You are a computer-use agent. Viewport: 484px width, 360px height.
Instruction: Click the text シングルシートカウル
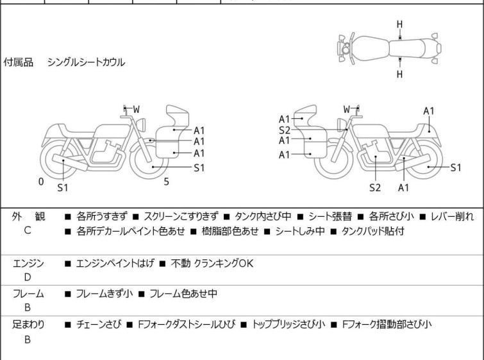(x=86, y=62)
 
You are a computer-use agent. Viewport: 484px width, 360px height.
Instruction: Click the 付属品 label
(x=18, y=62)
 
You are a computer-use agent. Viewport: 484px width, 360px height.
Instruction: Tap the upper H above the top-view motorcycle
(x=399, y=24)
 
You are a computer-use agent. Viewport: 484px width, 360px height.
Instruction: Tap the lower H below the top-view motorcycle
(x=399, y=74)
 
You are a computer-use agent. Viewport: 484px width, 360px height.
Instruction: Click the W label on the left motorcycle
(x=136, y=109)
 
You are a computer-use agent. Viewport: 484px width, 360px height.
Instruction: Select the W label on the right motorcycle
(x=347, y=109)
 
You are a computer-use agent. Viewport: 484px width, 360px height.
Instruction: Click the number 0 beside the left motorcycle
(x=41, y=182)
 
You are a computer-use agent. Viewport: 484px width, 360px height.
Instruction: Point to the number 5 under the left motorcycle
(x=167, y=182)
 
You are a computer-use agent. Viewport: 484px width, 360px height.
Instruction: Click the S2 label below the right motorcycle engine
(x=375, y=187)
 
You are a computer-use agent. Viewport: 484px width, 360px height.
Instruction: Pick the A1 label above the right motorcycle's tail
(x=429, y=111)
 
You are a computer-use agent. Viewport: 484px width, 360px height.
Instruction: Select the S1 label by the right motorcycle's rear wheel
(x=456, y=167)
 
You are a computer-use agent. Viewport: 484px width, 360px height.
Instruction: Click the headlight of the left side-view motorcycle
(x=141, y=125)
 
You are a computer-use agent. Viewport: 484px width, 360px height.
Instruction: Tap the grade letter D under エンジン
(x=28, y=277)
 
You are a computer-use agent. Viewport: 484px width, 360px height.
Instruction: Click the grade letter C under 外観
(x=28, y=230)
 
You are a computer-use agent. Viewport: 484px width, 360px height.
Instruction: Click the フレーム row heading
(x=28, y=293)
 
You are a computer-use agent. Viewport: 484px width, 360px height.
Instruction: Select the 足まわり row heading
(x=28, y=325)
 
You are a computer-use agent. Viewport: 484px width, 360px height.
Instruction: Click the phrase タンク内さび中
(x=263, y=216)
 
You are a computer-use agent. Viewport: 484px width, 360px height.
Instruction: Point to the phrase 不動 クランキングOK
(x=212, y=264)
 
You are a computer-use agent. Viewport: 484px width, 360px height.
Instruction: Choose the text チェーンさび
(x=99, y=325)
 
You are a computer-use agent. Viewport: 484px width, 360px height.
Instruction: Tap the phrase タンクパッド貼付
(x=372, y=231)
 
